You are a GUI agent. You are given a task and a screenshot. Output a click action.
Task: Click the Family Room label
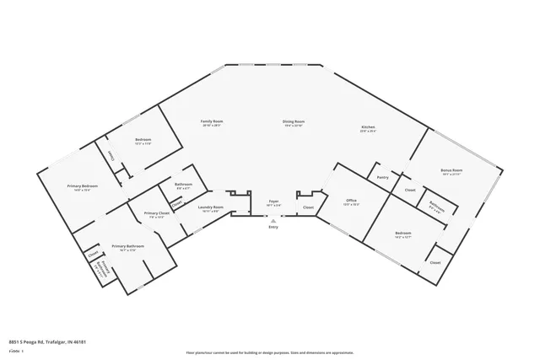pos(211,123)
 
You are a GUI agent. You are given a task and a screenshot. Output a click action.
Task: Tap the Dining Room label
pos(294,123)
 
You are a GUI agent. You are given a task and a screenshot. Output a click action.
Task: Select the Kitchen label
pos(368,129)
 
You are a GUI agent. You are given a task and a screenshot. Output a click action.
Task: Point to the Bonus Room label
pos(451,171)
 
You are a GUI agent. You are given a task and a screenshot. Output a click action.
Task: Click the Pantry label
pos(383,177)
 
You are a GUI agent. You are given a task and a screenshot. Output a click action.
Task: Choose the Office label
pos(351,201)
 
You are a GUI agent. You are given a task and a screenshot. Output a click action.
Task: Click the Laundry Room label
pos(210,207)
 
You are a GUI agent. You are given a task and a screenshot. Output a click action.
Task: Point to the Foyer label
pos(273,201)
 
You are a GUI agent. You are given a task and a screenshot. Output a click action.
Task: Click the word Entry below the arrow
pos(273,227)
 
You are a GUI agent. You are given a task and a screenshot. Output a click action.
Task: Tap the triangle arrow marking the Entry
pos(273,220)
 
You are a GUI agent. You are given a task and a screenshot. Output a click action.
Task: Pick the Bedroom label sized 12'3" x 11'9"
pos(143,140)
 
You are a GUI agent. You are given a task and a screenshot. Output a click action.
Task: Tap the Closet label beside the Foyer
pos(309,207)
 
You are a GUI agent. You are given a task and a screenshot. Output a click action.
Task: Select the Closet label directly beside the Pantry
pos(409,190)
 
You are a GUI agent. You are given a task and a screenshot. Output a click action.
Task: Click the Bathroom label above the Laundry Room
pos(183,185)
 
